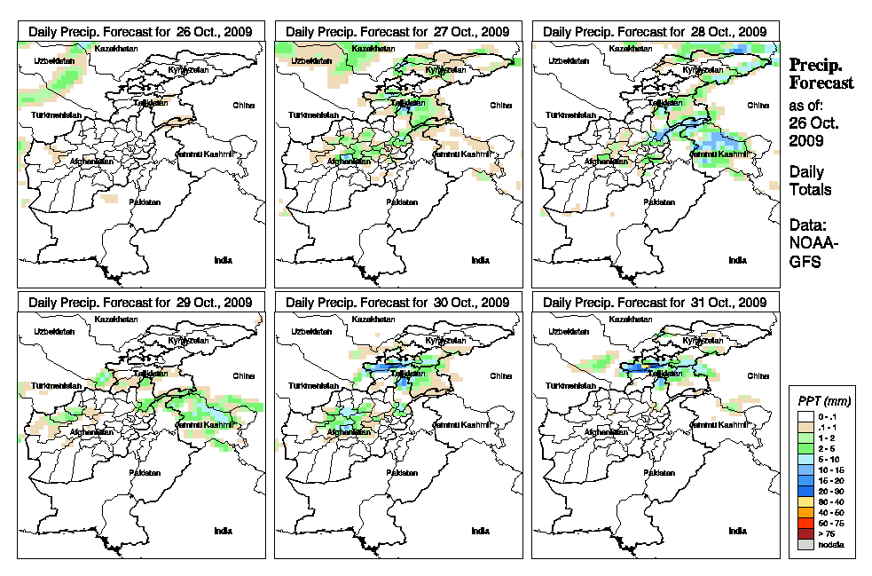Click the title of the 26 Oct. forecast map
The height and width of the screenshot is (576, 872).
140,31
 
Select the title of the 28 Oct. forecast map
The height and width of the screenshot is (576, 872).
655,31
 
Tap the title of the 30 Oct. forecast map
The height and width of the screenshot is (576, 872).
397,303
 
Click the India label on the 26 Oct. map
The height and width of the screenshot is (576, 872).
223,259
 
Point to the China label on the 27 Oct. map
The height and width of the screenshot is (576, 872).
500,105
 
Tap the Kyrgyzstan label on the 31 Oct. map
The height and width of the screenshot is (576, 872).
703,341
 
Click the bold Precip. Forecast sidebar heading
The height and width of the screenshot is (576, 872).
821,74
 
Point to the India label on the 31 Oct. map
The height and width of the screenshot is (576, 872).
737,531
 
